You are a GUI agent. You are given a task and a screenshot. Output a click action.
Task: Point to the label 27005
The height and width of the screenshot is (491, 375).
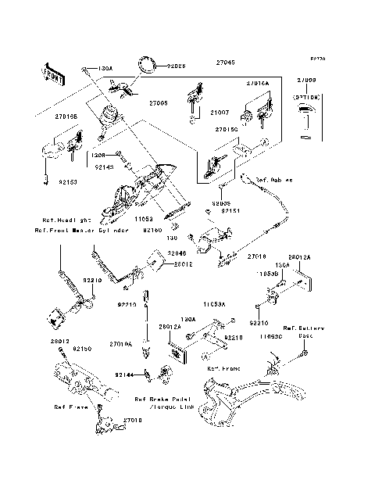tap(159, 102)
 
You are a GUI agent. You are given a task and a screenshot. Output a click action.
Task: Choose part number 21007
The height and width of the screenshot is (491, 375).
tap(225, 113)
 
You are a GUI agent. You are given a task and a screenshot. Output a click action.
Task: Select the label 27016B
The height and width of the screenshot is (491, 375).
tap(66, 116)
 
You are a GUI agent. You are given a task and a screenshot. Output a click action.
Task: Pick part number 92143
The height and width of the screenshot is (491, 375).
tap(104, 167)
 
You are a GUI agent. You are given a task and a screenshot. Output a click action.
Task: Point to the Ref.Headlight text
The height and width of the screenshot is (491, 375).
tap(57, 220)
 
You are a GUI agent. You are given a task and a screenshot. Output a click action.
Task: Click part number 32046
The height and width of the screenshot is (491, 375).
tap(177, 254)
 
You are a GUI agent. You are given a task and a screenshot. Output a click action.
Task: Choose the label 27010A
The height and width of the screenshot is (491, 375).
tap(122, 343)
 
